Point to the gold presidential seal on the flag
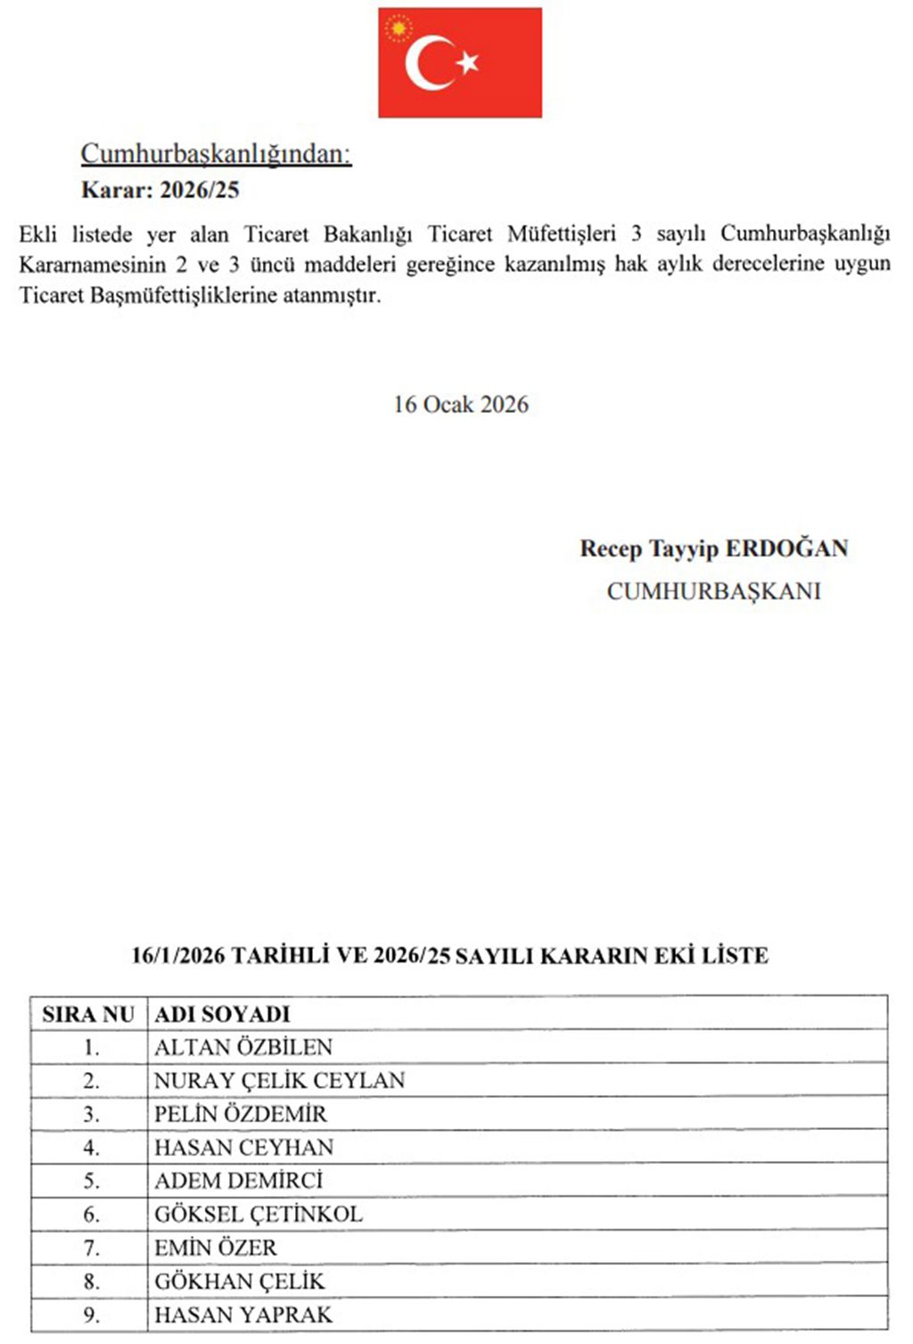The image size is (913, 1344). coord(398,29)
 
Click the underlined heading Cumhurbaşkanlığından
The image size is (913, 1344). coord(216,154)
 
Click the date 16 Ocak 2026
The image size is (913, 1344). coord(461,405)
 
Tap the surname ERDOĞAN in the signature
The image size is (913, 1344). coord(786,548)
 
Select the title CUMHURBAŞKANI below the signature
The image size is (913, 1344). coord(713,591)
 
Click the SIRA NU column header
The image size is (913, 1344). coord(88,1014)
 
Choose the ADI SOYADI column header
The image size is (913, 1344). coord(222,1014)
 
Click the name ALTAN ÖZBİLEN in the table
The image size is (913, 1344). coord(243,1047)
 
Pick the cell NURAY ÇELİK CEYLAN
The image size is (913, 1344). coord(279,1081)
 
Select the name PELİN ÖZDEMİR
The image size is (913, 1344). coord(241,1114)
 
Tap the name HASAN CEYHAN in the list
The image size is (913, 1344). coord(244,1148)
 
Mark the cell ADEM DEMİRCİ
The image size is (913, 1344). coord(239,1181)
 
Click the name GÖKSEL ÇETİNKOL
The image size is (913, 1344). coord(259,1215)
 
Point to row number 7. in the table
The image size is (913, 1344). coord(91,1248)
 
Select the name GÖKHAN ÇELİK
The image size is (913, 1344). coord(240,1282)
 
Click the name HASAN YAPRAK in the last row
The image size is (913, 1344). coord(243,1315)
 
